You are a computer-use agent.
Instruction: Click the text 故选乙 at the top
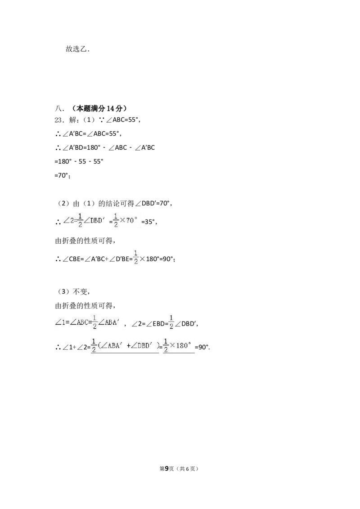(x=76, y=49)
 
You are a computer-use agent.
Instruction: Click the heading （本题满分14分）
(x=99, y=108)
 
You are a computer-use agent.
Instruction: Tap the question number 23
(x=59, y=120)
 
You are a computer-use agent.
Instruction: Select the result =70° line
(x=63, y=175)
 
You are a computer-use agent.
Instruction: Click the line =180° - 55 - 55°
(x=79, y=161)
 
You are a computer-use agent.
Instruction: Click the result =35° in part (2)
(x=149, y=222)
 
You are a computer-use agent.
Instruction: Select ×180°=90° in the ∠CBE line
(x=157, y=259)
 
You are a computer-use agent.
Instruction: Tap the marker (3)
(x=63, y=291)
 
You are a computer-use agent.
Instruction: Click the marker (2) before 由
(x=63, y=204)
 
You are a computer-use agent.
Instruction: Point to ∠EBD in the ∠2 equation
(x=155, y=324)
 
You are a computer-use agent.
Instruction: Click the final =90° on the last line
(x=202, y=347)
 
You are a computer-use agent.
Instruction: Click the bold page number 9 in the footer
(x=167, y=469)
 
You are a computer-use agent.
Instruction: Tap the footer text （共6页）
(x=188, y=469)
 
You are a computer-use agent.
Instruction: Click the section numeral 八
(x=59, y=108)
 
